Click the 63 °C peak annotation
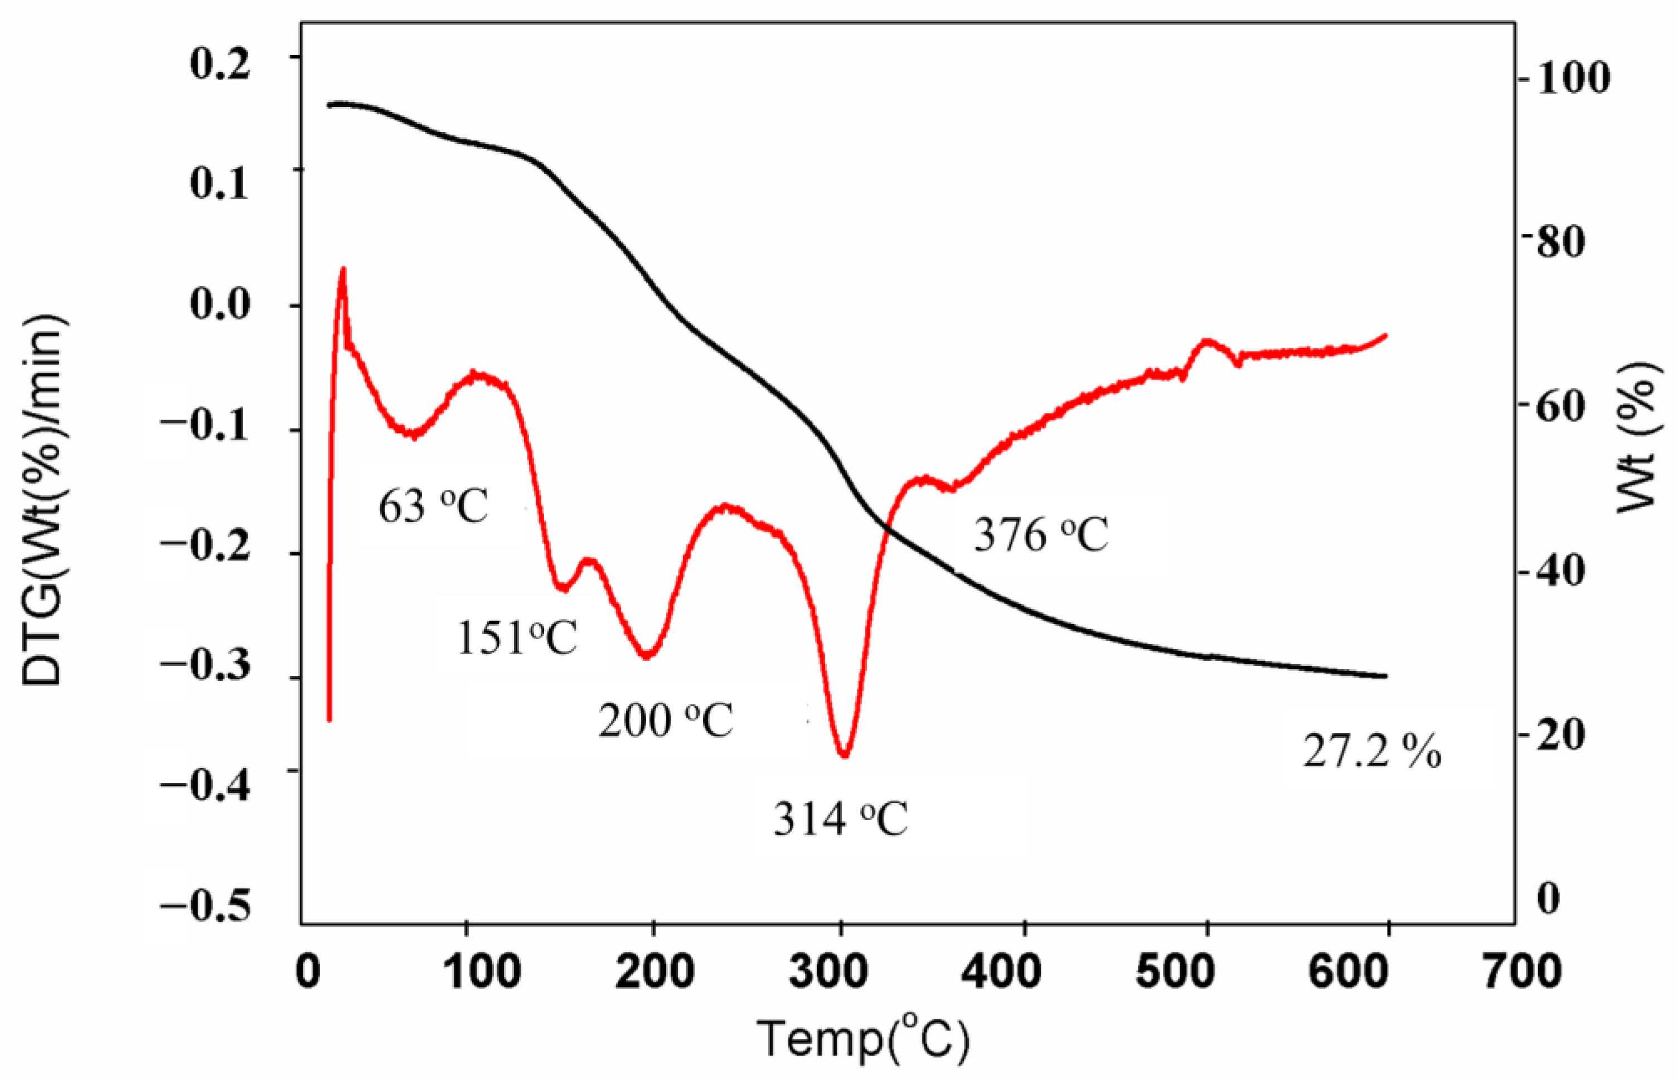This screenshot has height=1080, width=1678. [x=433, y=507]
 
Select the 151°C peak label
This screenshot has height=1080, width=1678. [x=517, y=638]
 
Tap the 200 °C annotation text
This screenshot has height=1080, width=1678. [x=665, y=720]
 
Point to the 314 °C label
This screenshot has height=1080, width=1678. [x=841, y=819]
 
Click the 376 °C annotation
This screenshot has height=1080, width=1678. [x=1041, y=536]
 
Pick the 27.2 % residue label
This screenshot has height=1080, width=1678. [x=1371, y=752]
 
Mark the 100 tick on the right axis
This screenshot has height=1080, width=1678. [x=1572, y=79]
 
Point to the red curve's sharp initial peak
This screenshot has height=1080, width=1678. [x=343, y=269]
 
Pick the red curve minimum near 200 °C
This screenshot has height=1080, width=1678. [x=647, y=656]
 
